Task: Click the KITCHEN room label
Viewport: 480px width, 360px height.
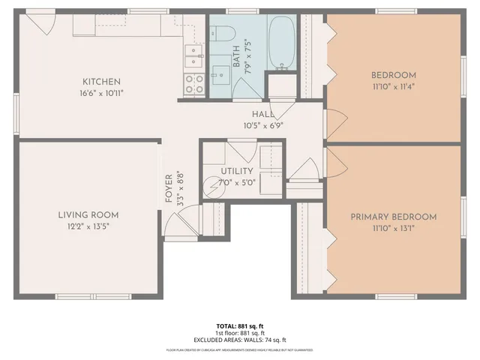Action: click(101, 82)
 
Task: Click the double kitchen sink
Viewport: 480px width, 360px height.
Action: click(193, 55)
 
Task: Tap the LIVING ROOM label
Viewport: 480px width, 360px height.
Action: click(88, 215)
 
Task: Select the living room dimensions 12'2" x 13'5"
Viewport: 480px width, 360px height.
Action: click(88, 227)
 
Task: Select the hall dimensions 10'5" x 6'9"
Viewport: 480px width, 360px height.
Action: click(262, 125)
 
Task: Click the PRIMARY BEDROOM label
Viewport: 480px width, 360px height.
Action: click(393, 217)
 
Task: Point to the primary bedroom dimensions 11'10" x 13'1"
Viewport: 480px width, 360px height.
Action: click(393, 229)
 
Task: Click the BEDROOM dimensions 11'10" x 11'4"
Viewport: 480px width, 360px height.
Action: click(393, 87)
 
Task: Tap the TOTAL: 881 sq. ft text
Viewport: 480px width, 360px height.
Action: click(240, 326)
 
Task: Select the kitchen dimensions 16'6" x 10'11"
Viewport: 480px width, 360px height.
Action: click(101, 94)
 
